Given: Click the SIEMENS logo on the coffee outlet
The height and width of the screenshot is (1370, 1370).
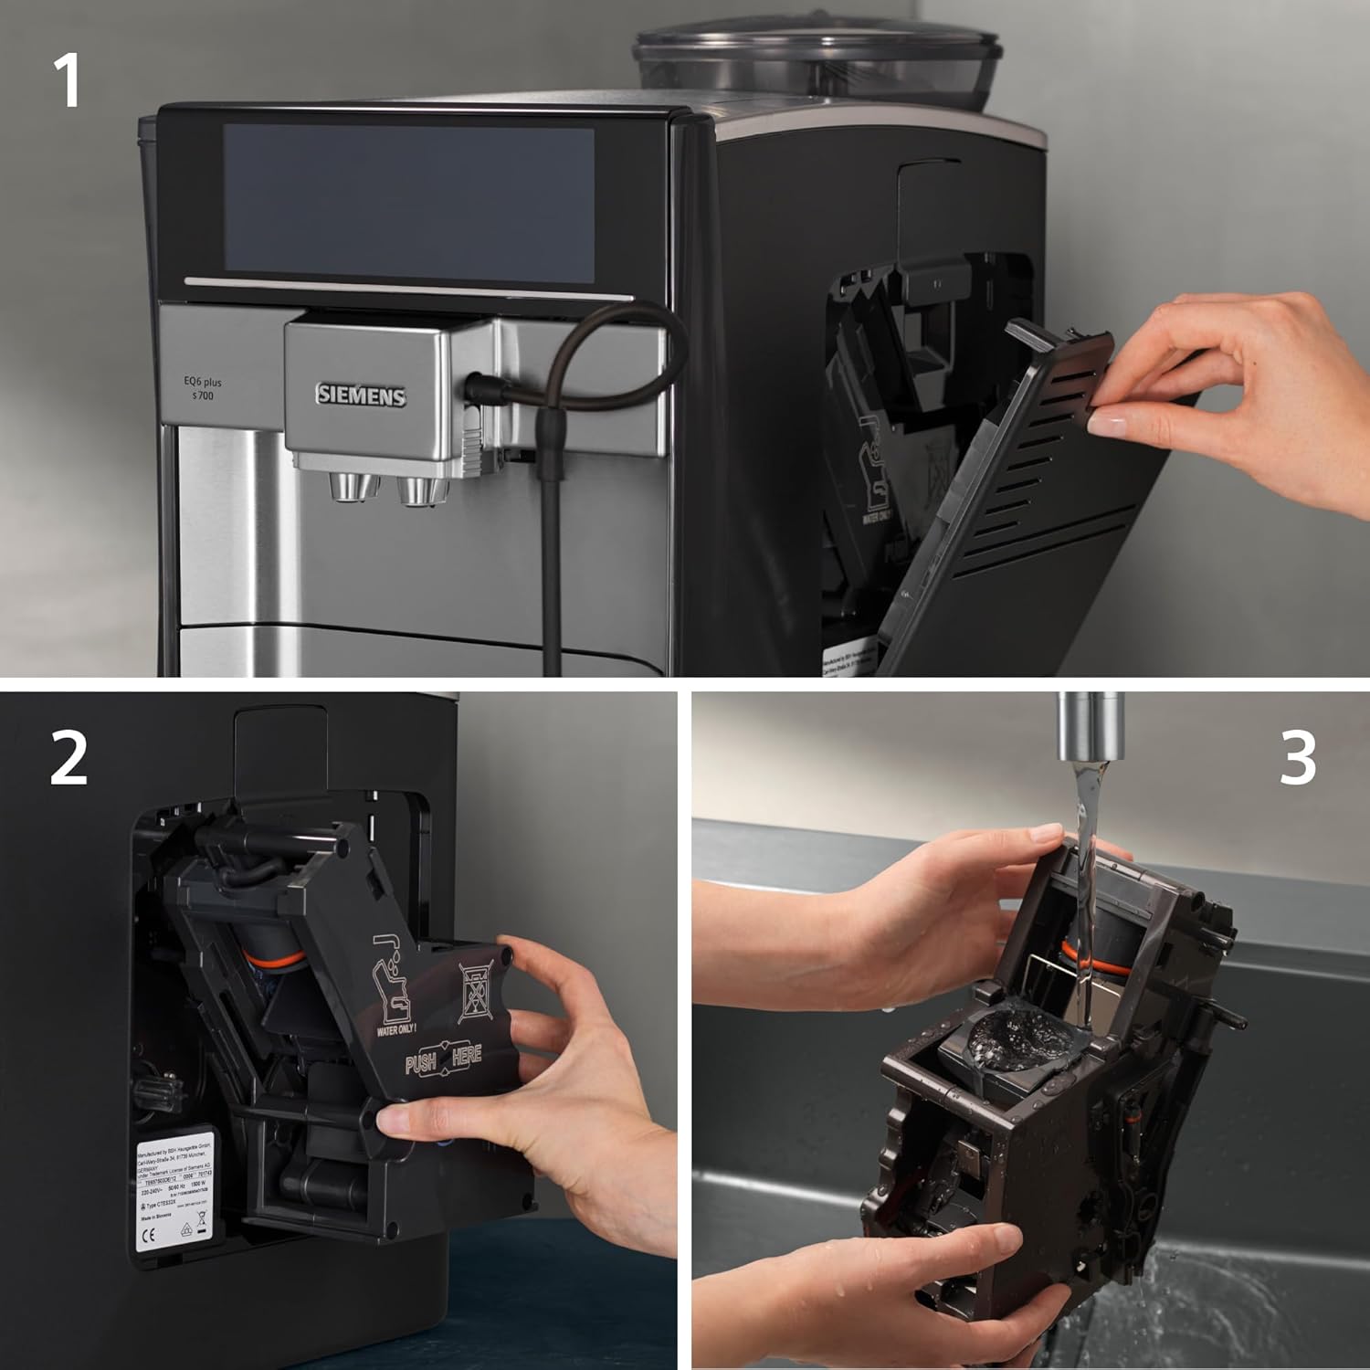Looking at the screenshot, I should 361,395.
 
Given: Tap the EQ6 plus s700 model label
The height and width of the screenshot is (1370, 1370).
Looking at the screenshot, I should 202,388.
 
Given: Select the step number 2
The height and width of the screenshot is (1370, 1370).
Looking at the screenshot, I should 68,757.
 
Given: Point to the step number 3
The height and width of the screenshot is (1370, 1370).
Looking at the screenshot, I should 1297,757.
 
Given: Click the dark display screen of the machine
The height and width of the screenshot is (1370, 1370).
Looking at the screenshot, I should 408,202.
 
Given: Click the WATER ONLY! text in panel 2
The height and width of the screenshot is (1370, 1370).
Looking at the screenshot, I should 396,1029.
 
